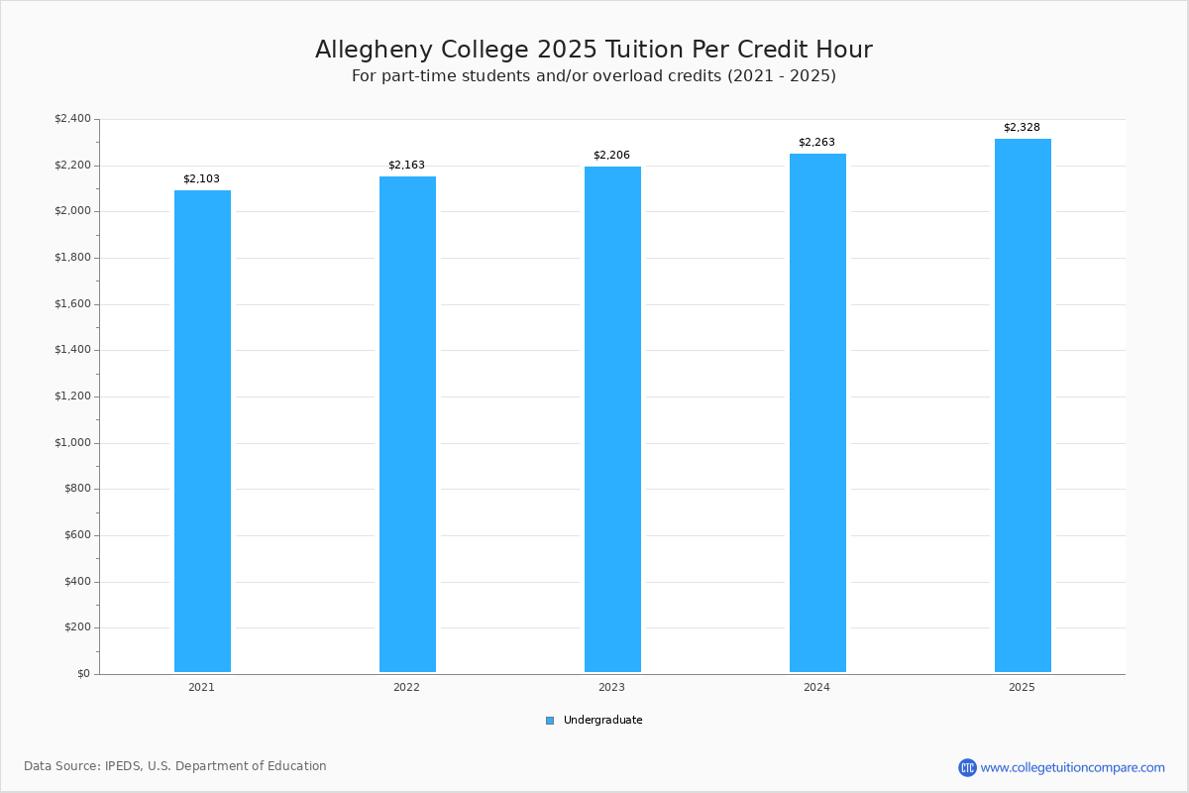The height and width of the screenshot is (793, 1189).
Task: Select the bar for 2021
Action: [202, 431]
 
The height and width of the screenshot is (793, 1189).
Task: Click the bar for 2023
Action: [612, 419]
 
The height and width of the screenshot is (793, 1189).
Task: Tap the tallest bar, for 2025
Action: [1023, 405]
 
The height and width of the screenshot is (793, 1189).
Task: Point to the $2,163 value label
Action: [406, 166]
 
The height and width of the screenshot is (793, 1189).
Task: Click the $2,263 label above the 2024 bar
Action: [816, 143]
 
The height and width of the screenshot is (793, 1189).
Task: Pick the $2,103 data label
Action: [201, 179]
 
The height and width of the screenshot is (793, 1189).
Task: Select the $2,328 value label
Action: [1022, 128]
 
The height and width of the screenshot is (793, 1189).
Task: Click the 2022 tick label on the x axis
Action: [406, 687]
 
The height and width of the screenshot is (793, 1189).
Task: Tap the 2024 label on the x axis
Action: [816, 687]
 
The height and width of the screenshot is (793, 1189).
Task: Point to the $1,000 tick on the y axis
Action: [72, 443]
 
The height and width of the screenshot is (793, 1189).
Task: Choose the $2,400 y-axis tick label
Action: [72, 118]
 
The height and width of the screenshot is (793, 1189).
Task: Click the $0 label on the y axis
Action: [84, 674]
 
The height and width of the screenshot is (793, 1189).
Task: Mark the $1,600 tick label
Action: [72, 303]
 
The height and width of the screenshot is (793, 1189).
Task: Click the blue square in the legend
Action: [550, 721]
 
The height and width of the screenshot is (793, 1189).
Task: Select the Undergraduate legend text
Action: [603, 721]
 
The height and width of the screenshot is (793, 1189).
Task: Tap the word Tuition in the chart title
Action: [644, 50]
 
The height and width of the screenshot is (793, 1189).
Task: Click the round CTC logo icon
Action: [967, 767]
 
